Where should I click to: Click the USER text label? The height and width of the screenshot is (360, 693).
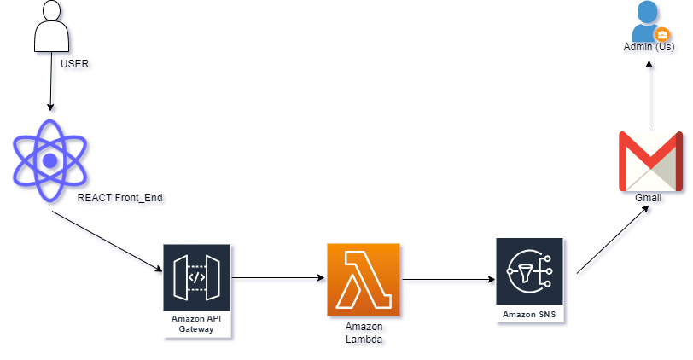(74, 64)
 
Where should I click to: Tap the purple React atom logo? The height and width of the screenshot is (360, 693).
(50, 160)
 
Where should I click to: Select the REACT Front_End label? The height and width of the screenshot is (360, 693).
(119, 198)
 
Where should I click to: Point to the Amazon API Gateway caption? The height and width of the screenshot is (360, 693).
(197, 323)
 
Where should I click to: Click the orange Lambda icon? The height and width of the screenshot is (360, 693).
(364, 279)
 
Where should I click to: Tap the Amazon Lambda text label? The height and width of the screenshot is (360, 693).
(364, 333)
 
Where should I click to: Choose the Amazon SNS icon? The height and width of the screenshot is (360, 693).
(530, 271)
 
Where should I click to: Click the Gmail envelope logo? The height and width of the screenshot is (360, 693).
(649, 161)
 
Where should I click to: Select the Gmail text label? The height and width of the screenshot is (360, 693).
(649, 198)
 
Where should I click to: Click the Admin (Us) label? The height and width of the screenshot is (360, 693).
(649, 47)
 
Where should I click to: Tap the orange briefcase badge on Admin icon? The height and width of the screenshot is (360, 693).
(661, 35)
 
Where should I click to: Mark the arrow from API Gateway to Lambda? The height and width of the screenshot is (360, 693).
(278, 277)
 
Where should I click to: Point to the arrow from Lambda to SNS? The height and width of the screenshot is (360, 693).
(448, 278)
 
